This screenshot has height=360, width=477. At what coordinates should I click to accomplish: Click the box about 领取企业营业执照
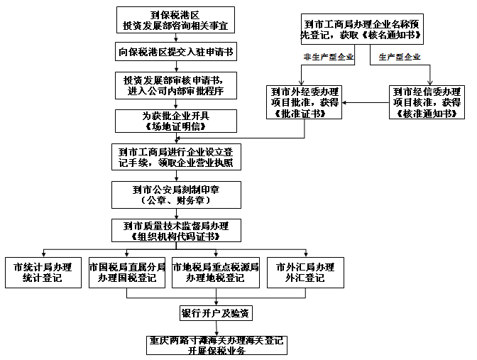[x=177, y=156]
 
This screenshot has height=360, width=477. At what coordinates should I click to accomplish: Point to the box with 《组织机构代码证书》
[x=177, y=230]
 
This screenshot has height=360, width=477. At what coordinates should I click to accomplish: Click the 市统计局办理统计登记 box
[x=43, y=272]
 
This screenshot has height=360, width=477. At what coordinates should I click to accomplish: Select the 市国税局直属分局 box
[x=127, y=272]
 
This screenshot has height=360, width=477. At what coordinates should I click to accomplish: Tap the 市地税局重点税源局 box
[x=214, y=272]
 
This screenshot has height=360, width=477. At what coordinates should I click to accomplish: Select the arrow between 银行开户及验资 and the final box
[x=216, y=328]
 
